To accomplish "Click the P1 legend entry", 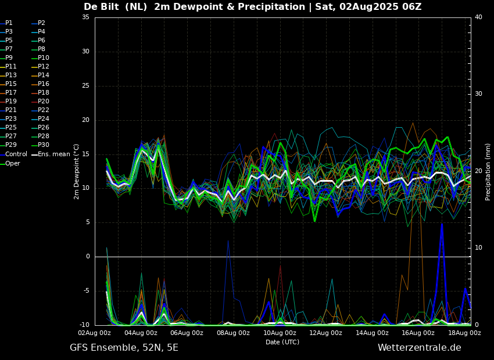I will coord(9,23).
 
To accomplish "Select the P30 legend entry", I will coord(44,145).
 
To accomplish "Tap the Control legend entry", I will coord(16,154).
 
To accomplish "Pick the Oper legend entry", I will coord(13,164).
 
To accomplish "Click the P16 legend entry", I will coord(44,84).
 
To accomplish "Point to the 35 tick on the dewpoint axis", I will coord(85,17).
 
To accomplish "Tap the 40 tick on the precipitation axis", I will coord(478,17).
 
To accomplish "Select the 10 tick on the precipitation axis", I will coord(478,248).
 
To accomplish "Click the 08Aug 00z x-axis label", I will coord(233,333).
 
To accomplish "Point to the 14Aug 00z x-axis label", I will coord(372,333).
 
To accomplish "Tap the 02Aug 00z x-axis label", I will coord(95,333).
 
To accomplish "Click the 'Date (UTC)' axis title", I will coord(282,342).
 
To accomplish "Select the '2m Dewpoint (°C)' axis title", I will coord(77,171).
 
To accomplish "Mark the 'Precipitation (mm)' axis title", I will coord(488,171).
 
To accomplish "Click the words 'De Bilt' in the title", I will coord(102,7).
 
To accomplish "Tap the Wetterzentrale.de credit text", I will coord(419,348).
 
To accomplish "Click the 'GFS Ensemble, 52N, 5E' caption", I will coord(124,348).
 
